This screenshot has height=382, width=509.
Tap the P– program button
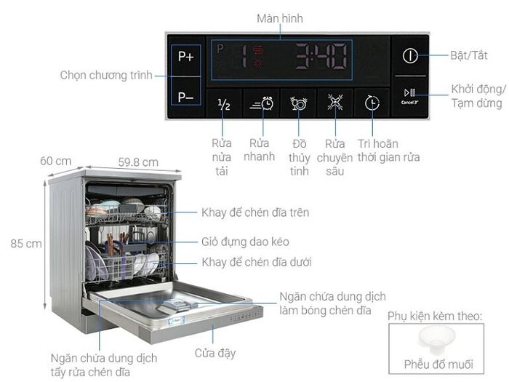185,97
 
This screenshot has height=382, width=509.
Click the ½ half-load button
224,104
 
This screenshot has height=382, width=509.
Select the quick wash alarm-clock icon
261,103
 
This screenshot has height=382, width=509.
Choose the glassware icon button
298,103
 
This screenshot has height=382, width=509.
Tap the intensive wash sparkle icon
335,103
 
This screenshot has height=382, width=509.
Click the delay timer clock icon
372,103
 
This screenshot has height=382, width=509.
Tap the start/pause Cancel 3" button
410,96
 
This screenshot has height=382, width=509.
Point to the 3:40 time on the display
321,57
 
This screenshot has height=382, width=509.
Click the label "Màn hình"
280,18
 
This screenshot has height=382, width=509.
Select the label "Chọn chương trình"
106,76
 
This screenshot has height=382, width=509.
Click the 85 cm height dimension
26,244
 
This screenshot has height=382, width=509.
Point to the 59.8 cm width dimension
138,162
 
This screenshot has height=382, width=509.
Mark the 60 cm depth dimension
55,161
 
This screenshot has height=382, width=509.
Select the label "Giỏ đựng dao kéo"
246,242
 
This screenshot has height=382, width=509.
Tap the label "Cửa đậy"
215,353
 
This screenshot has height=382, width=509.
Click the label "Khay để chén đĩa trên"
255,212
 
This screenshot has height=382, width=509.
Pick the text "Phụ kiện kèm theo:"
435,316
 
